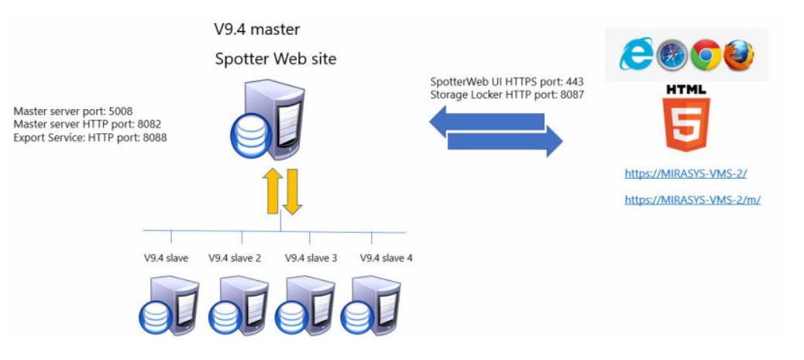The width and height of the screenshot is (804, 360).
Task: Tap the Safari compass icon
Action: pos(671,55)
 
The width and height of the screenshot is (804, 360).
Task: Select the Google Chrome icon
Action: pos(706,55)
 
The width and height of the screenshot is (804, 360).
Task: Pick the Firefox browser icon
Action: pos(739,55)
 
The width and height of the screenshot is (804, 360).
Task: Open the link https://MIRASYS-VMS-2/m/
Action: pos(692,200)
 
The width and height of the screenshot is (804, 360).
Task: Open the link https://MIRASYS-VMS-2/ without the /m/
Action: pos(685,174)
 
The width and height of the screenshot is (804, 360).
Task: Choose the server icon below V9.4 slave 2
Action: pos(232,306)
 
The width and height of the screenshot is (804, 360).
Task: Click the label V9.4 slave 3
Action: pos(311,258)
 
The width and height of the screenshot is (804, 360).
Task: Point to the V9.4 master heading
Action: pos(257,30)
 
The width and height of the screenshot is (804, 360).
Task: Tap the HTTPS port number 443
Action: pos(574,81)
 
